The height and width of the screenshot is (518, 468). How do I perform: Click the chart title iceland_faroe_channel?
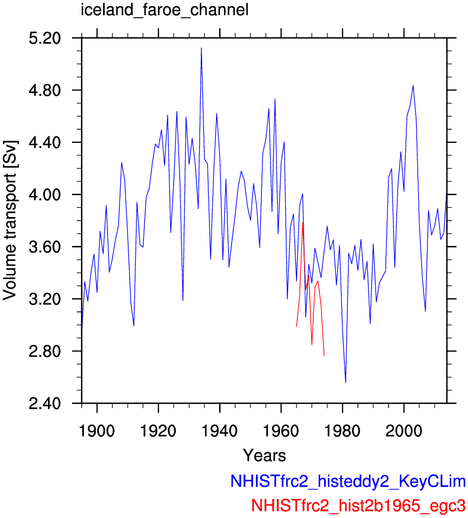click(x=164, y=10)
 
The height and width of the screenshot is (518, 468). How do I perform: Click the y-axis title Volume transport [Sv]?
click(x=10, y=220)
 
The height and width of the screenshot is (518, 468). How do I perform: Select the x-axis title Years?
click(x=264, y=455)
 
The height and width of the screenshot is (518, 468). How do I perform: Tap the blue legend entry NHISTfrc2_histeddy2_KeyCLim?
click(x=348, y=481)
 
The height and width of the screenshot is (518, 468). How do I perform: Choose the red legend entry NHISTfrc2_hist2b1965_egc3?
click(x=358, y=505)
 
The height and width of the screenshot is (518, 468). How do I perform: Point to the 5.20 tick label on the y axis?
click(x=45, y=38)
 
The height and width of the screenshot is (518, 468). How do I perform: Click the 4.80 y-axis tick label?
click(x=45, y=90)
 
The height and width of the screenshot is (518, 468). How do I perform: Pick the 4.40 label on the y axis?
click(x=45, y=142)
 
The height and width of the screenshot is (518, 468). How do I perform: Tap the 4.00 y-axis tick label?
click(x=45, y=194)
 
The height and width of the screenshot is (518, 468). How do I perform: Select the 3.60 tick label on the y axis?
click(x=45, y=247)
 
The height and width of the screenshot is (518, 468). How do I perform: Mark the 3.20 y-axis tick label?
click(x=45, y=299)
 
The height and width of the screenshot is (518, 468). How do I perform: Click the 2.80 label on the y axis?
click(x=45, y=351)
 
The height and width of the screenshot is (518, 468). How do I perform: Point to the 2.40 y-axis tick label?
click(x=45, y=403)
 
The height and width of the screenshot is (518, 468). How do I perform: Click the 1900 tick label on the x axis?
click(x=97, y=431)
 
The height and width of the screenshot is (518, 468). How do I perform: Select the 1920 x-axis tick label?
click(x=158, y=431)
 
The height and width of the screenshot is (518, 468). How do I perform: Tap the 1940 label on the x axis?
click(x=220, y=431)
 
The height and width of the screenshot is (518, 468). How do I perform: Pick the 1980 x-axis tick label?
click(x=342, y=431)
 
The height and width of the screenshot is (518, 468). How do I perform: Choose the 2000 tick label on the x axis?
click(x=404, y=431)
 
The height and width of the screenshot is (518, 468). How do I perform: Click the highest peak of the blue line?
click(x=201, y=48)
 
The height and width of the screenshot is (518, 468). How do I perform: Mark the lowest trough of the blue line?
click(x=346, y=383)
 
